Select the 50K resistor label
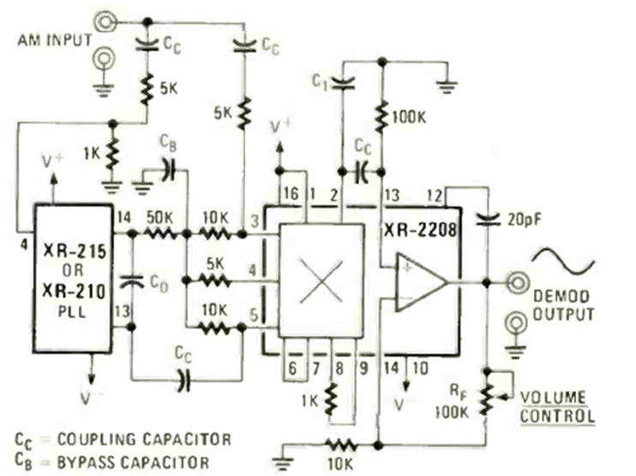[x=159, y=219]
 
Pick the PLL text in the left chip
[x=71, y=309]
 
